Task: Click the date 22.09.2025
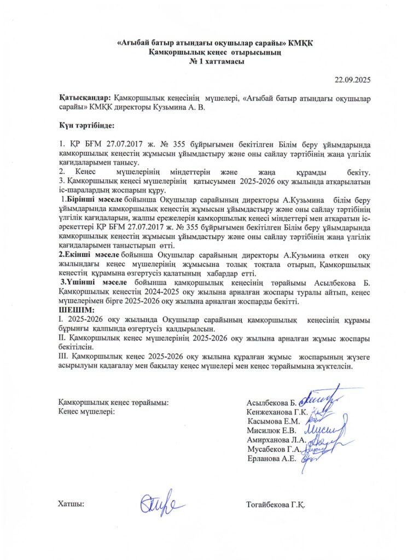[353, 80]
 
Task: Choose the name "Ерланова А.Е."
[272, 458]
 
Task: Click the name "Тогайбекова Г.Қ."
[276, 504]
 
